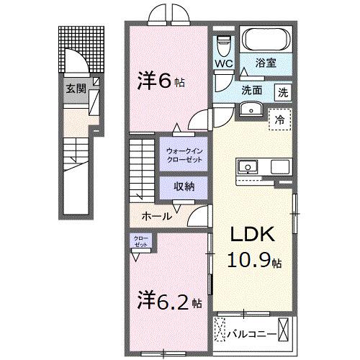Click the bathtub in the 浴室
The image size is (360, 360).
click(262, 40)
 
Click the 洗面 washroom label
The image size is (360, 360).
click(252, 91)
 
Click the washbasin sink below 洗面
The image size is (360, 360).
click(251, 109)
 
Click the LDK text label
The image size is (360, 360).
click(251, 235)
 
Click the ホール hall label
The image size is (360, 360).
click(156, 215)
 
